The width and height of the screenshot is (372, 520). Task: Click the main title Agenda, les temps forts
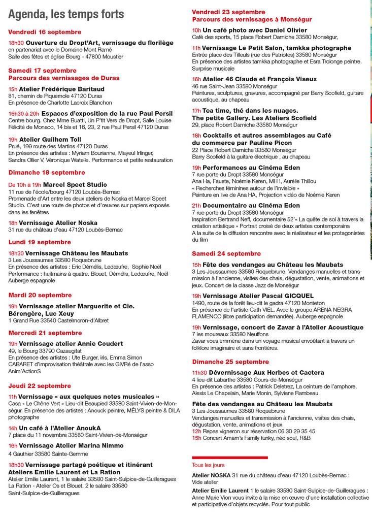coord(66,14)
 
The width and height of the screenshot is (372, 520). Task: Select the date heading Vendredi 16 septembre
coord(45,32)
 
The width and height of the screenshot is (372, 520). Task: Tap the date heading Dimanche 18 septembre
coord(47,172)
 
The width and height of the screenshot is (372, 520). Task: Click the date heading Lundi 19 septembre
coord(40,242)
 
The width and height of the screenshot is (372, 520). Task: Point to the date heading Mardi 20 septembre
coord(40,295)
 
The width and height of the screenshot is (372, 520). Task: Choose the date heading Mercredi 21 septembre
coord(45,333)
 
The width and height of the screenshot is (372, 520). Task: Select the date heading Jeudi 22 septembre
coord(40,386)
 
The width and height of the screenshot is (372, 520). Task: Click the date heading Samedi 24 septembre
coord(226,253)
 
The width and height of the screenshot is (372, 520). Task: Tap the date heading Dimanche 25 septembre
coord(230,362)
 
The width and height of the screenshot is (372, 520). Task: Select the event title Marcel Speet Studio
coord(75,184)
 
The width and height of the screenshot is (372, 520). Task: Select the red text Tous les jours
coord(208,465)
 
